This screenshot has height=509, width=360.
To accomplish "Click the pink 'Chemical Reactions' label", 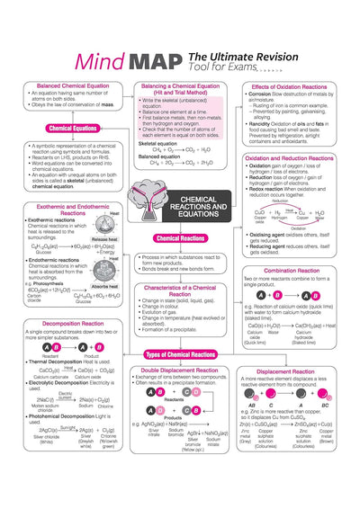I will click(x=179, y=238).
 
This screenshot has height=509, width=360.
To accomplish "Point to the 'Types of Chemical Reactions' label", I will click(x=179, y=355).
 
